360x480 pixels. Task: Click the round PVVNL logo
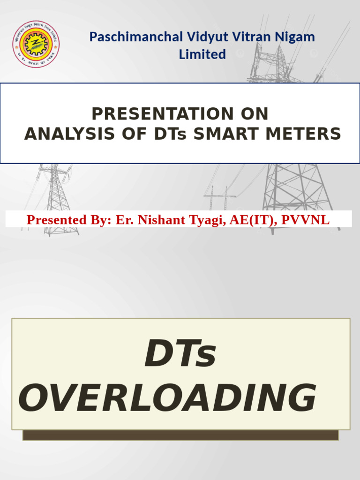tap(36, 44)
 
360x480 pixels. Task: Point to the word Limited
tap(202, 54)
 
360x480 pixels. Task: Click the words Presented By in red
tap(69, 219)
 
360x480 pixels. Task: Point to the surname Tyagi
tap(205, 219)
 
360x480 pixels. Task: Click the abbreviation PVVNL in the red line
tap(305, 219)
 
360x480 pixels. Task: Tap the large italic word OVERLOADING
tap(167, 399)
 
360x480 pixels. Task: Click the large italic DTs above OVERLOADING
tap(180, 355)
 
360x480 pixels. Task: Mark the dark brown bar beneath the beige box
tap(180, 435)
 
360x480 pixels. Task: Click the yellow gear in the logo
tap(36, 45)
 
